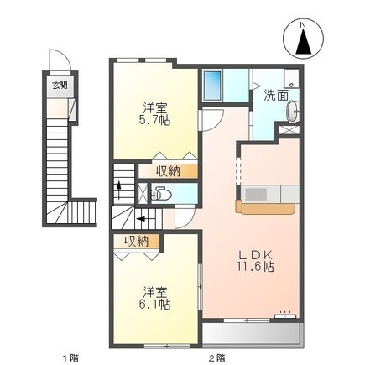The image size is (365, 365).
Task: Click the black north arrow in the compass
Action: pyautogui.click(x=303, y=41)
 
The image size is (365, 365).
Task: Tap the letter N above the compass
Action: pyautogui.click(x=303, y=24)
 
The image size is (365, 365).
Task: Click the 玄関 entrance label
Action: pyautogui.click(x=60, y=85)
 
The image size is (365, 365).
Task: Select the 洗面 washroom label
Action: pyautogui.click(x=276, y=96)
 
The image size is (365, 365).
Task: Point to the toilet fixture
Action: pyautogui.click(x=159, y=194)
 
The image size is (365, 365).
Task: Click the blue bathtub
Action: pyautogui.click(x=212, y=85)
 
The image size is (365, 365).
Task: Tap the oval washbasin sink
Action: pyautogui.click(x=293, y=112)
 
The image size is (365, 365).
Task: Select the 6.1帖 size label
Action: pyautogui.click(x=154, y=304)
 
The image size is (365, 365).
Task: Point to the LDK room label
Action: pyautogui.click(x=255, y=255)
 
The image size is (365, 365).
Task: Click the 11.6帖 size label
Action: pyautogui.click(x=255, y=267)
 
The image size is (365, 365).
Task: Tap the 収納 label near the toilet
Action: pyautogui.click(x=168, y=171)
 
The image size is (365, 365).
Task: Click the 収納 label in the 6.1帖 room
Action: pyautogui.click(x=137, y=241)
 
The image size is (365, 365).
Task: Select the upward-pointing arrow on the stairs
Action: pyautogui.click(x=119, y=190)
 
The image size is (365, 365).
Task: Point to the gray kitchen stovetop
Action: pyautogui.click(x=256, y=193)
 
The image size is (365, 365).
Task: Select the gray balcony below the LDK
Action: pyautogui.click(x=253, y=333)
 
